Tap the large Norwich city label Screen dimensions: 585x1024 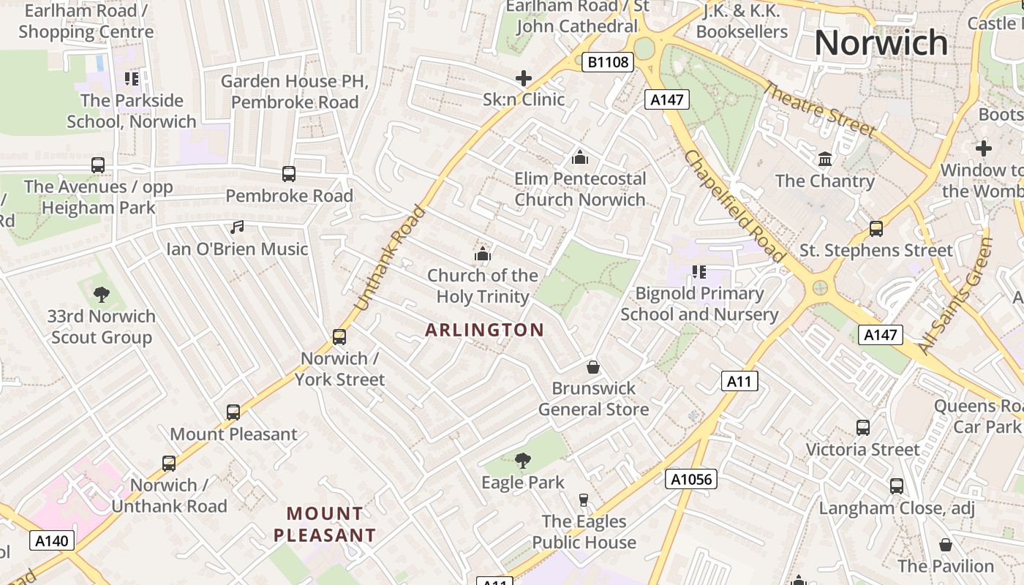click(881, 42)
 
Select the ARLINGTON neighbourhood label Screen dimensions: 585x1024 click(484, 330)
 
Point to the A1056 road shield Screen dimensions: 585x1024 click(690, 479)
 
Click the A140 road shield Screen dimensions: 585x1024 click(53, 541)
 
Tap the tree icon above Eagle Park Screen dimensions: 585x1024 click(522, 461)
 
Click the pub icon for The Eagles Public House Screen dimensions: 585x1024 click(583, 500)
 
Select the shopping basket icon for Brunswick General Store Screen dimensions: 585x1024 click(592, 366)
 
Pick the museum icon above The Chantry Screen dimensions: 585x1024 click(825, 159)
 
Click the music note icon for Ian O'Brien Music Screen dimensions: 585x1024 click(236, 227)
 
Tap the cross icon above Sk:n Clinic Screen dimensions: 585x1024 click(524, 78)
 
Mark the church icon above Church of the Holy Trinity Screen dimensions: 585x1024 click(482, 254)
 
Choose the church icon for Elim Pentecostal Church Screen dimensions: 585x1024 click(579, 157)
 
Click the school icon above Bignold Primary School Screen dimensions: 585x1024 click(699, 272)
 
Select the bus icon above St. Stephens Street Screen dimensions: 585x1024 click(876, 229)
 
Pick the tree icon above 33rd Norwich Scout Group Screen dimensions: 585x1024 click(101, 295)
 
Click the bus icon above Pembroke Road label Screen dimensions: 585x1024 click(289, 174)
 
